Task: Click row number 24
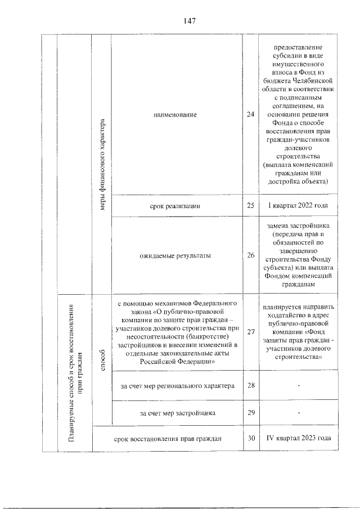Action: click(x=250, y=115)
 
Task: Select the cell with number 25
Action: click(x=250, y=205)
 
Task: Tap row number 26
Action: click(x=250, y=255)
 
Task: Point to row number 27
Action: click(x=250, y=332)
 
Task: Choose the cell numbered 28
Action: click(x=250, y=385)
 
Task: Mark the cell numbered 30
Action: click(x=250, y=439)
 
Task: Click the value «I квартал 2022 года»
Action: click(x=298, y=205)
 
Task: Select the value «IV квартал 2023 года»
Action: click(x=298, y=439)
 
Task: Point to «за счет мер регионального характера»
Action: click(x=177, y=385)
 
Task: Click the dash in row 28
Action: click(x=299, y=385)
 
